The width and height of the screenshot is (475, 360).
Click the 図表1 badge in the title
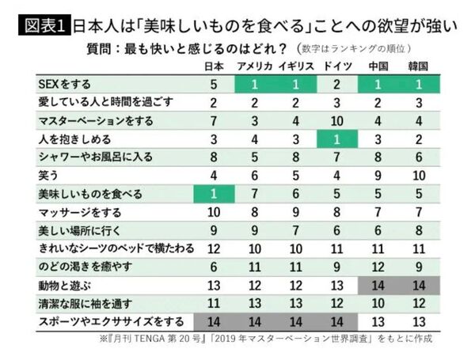[x=40, y=21]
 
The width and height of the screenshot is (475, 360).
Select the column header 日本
[x=214, y=65]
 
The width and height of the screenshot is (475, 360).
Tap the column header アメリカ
[x=256, y=65]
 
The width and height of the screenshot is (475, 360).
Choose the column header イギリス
[x=296, y=65]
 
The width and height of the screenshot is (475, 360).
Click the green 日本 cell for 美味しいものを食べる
[x=214, y=194]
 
